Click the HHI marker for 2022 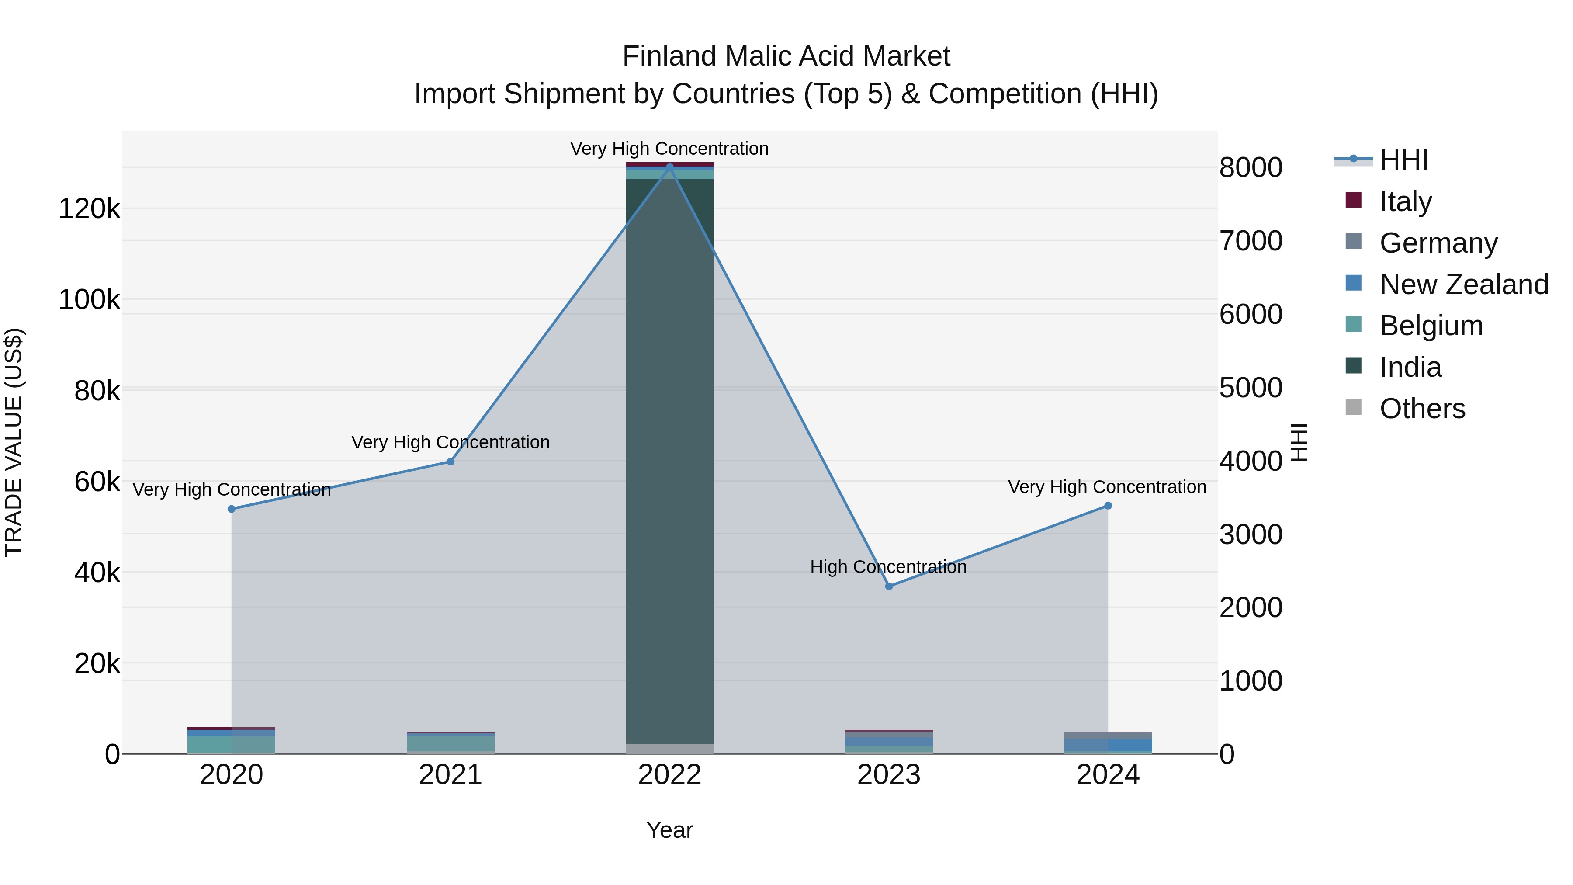point(669,167)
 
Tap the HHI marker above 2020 point(232,509)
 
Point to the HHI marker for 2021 point(450,462)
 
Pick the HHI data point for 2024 point(1108,506)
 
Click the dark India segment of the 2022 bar point(669,458)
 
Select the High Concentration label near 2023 point(888,567)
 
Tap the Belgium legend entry point(1431,326)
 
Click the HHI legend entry point(1403,160)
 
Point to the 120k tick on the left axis point(89,209)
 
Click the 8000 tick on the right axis point(1251,167)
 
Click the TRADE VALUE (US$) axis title point(14,442)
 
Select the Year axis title point(669,830)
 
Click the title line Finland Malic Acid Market point(786,56)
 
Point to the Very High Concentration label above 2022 point(669,149)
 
